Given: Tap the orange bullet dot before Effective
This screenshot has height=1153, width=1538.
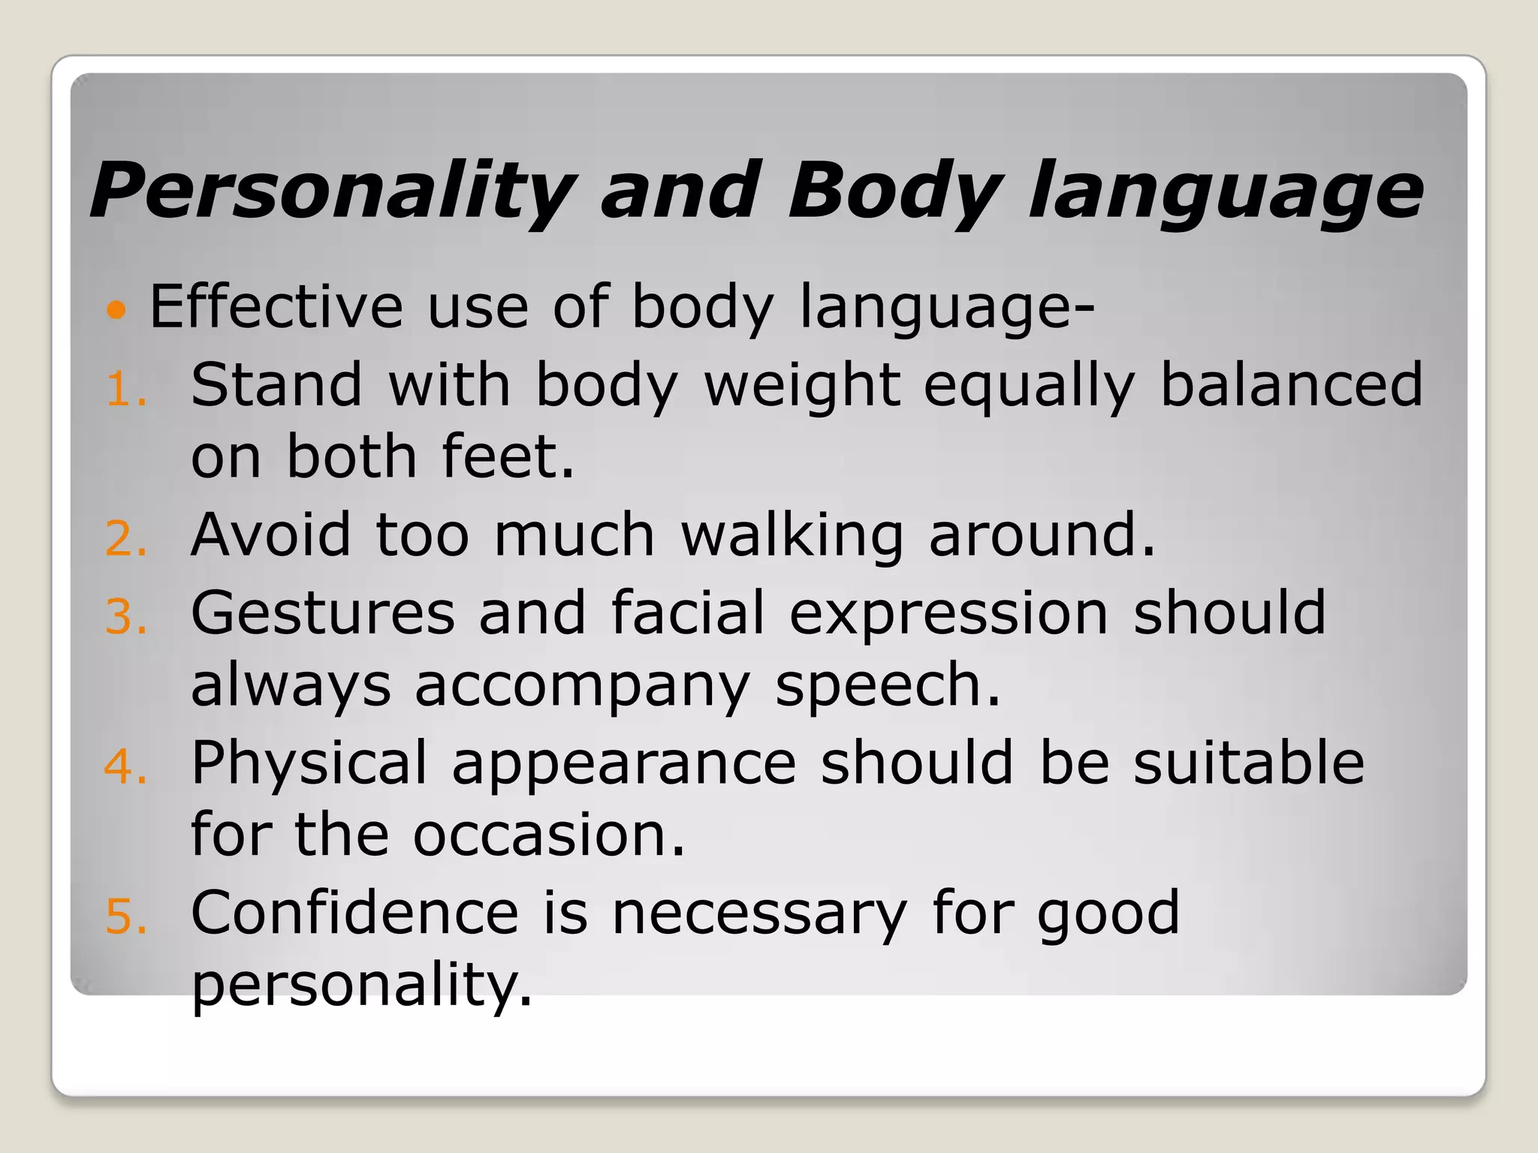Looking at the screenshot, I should coord(116,309).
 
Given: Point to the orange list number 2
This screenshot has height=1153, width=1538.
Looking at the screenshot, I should coord(124,540).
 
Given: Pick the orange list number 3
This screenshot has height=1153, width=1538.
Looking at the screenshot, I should coord(124,617).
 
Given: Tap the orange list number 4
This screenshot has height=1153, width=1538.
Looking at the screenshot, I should coord(124,767).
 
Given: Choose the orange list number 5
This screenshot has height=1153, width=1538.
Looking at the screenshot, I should coord(124,917).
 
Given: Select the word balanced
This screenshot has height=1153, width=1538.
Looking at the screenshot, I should coord(1291,384).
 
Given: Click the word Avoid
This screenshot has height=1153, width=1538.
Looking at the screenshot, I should coord(270,534).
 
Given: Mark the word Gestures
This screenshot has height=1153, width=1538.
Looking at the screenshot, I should coord(323,613).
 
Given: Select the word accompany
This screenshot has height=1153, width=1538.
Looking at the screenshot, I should coord(582,686).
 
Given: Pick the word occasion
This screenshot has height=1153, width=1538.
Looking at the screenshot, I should coord(549,835).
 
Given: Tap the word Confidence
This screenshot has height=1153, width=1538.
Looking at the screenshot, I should coord(354,913).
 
